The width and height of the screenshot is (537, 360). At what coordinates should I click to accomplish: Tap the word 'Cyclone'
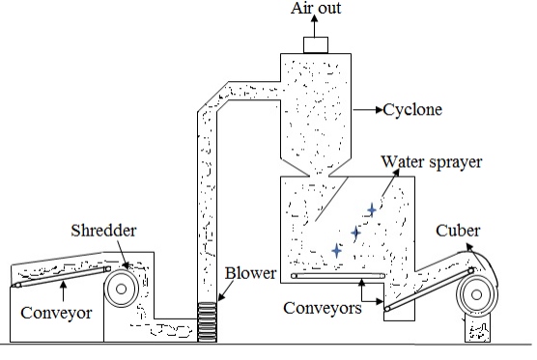(412, 109)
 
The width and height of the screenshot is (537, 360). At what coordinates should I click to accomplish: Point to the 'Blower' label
(248, 273)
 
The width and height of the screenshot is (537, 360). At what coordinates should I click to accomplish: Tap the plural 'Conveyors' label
(322, 308)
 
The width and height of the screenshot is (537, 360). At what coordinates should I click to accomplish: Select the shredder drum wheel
(123, 287)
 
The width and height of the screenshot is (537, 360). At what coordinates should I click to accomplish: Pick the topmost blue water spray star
(371, 208)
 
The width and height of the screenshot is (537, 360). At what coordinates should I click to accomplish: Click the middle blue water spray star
(355, 232)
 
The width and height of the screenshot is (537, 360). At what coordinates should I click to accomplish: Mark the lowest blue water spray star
(336, 250)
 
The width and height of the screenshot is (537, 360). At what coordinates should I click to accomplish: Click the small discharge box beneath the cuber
(478, 329)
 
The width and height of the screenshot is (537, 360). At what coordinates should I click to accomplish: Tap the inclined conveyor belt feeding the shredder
(60, 278)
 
